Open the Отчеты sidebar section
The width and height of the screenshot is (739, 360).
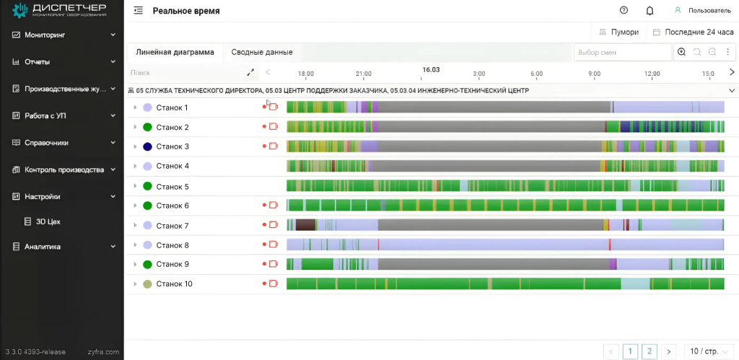point(38,62)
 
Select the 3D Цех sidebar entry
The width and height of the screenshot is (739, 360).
point(48,221)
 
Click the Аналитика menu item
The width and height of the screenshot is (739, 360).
point(43,247)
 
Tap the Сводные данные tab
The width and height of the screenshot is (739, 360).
point(261,52)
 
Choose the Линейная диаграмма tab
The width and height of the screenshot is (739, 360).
point(175,52)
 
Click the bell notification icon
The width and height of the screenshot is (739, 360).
point(650,11)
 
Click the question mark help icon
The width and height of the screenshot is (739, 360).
point(624,11)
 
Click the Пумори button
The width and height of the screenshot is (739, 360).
point(618,32)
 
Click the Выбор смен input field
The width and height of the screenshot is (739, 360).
point(622,53)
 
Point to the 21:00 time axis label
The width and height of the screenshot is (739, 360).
point(364,74)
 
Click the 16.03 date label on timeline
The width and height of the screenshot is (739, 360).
point(431,70)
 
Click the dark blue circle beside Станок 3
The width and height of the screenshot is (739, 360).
point(147,146)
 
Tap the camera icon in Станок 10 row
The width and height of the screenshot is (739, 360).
point(274,284)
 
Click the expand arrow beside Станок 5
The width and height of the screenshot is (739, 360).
point(135,186)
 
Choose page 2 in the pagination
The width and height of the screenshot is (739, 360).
point(650,351)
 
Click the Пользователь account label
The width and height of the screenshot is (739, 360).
point(709,11)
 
